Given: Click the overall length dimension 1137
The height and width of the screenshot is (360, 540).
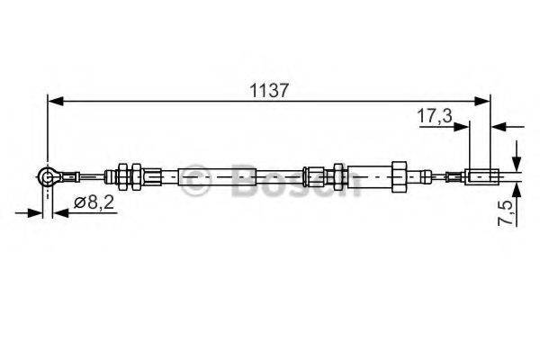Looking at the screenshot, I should tap(267, 89).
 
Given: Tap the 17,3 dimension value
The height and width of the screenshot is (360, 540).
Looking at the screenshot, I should tap(434, 116).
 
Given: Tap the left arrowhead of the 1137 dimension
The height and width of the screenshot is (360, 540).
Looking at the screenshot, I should tap(54, 102).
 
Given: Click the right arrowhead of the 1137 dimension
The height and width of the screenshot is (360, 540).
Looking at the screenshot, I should tap(484, 102).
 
